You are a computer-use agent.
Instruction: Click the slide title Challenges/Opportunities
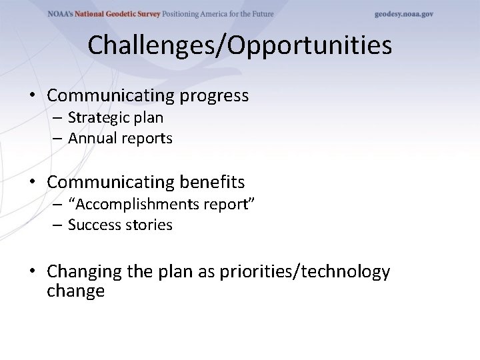[x=239, y=45]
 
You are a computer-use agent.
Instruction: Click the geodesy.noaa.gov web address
[x=403, y=14]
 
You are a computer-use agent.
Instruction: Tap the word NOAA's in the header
[x=62, y=14]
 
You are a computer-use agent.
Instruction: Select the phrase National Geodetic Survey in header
[x=113, y=14]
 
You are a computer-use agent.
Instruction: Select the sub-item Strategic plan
[x=115, y=118]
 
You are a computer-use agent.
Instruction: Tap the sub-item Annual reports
[x=120, y=139]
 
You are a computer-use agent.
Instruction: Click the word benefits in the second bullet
[x=212, y=182]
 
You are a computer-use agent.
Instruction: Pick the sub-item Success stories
[x=120, y=225]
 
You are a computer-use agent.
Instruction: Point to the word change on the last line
[x=75, y=291]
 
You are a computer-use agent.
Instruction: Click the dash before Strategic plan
[x=58, y=119]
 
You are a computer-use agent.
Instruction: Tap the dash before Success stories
[x=58, y=225]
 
